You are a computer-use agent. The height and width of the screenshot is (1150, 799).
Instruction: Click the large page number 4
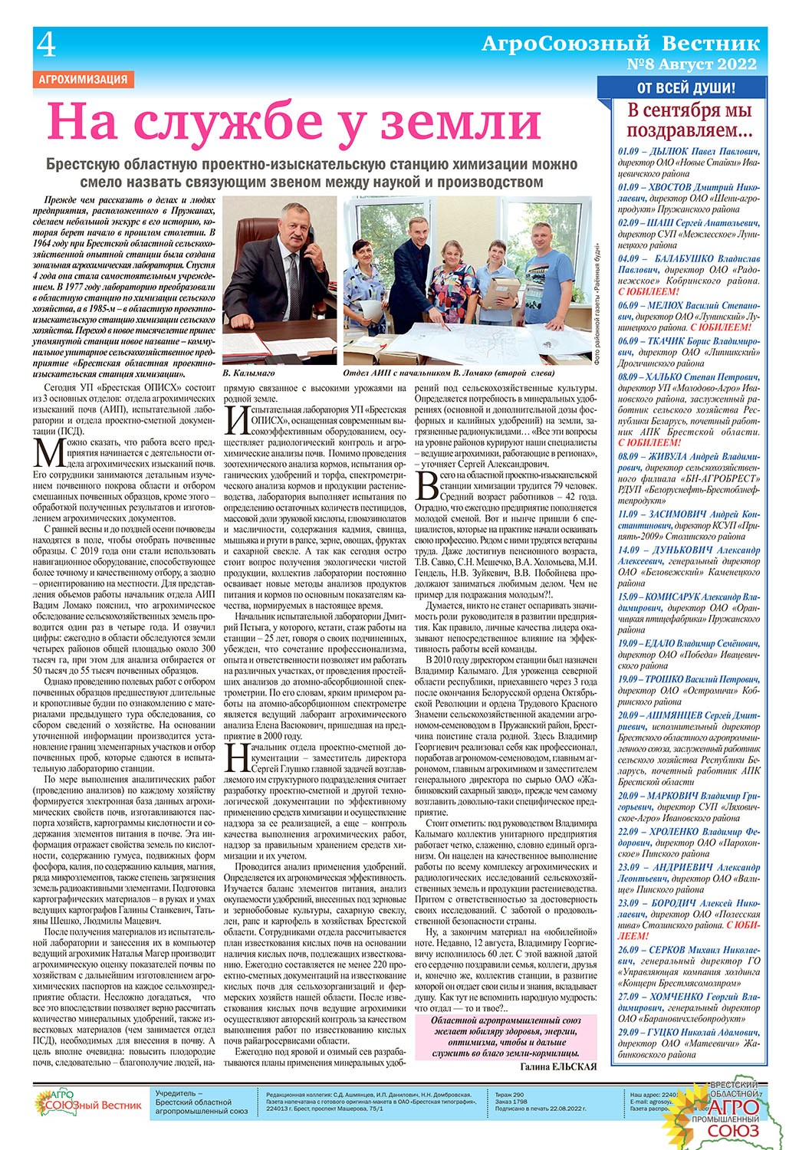tap(45, 48)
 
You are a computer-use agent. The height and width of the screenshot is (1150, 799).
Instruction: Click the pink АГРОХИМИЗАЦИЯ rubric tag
tap(83, 79)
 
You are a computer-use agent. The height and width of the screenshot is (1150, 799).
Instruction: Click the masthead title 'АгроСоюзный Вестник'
tap(620, 44)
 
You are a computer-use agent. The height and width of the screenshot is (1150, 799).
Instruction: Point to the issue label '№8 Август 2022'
tap(692, 64)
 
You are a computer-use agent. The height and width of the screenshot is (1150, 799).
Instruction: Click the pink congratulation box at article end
tap(504, 1037)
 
